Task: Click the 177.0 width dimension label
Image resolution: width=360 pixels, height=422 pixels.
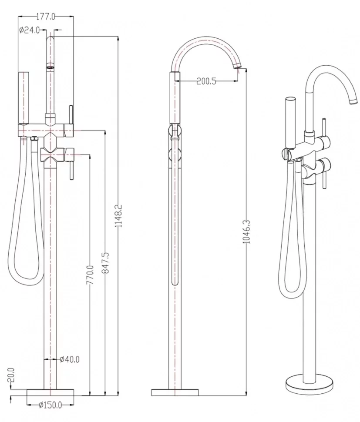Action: click(x=46, y=17)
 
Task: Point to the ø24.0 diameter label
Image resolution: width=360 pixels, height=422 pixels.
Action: click(x=29, y=30)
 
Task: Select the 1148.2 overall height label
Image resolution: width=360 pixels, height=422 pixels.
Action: click(x=119, y=215)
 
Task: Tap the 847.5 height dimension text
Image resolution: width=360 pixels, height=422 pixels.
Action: click(x=105, y=263)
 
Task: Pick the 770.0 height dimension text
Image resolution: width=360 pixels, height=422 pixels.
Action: click(x=90, y=275)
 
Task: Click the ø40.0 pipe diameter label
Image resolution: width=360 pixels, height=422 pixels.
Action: click(x=70, y=359)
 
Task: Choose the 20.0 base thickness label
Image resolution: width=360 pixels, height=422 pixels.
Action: click(x=11, y=375)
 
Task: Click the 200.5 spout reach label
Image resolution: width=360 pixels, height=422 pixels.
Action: click(x=206, y=81)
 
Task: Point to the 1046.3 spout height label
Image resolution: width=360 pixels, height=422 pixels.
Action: click(x=247, y=232)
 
